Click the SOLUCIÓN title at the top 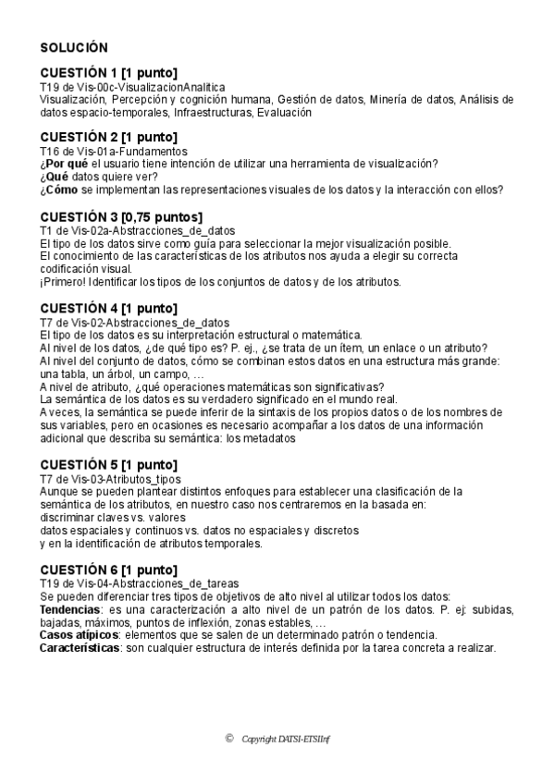[74, 46]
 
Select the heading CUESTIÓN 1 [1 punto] [109, 73]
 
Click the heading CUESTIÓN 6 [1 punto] [109, 570]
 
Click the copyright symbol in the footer [228, 738]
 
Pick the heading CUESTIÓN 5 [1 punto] [109, 465]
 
